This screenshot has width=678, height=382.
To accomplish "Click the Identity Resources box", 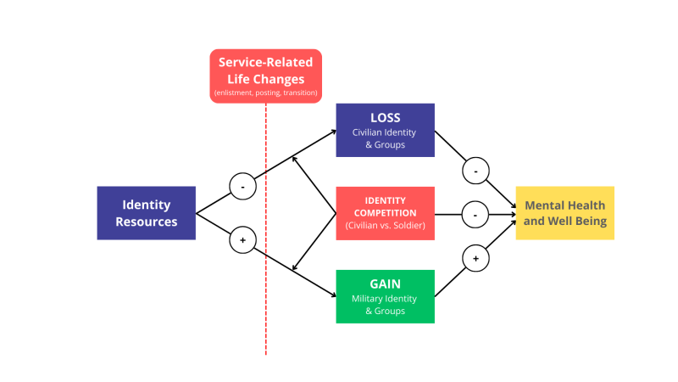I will (147, 213).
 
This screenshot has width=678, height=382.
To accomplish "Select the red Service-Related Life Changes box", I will (266, 76).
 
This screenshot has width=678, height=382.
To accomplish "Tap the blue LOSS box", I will (386, 130).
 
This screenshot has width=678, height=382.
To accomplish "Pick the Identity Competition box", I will (386, 213).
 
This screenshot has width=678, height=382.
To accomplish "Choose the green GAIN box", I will (386, 296).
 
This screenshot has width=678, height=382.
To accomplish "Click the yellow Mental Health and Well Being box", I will (565, 213).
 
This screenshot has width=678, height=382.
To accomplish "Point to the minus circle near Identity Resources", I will (242, 186).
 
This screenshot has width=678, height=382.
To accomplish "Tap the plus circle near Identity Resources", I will (242, 241).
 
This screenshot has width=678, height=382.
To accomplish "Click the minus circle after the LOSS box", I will (475, 171).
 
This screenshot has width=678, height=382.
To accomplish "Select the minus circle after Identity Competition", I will (475, 215).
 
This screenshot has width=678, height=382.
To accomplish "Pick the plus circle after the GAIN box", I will (475, 258).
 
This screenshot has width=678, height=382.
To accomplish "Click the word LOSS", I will (386, 117).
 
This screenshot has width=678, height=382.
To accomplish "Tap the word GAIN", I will (386, 284).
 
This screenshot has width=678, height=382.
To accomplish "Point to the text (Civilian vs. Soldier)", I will (386, 226).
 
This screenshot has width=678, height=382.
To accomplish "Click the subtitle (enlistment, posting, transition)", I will (266, 93).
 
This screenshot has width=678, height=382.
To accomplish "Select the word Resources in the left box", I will (147, 222).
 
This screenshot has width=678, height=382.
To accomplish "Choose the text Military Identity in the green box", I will (386, 299).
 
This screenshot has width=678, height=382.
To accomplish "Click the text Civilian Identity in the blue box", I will (386, 132).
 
